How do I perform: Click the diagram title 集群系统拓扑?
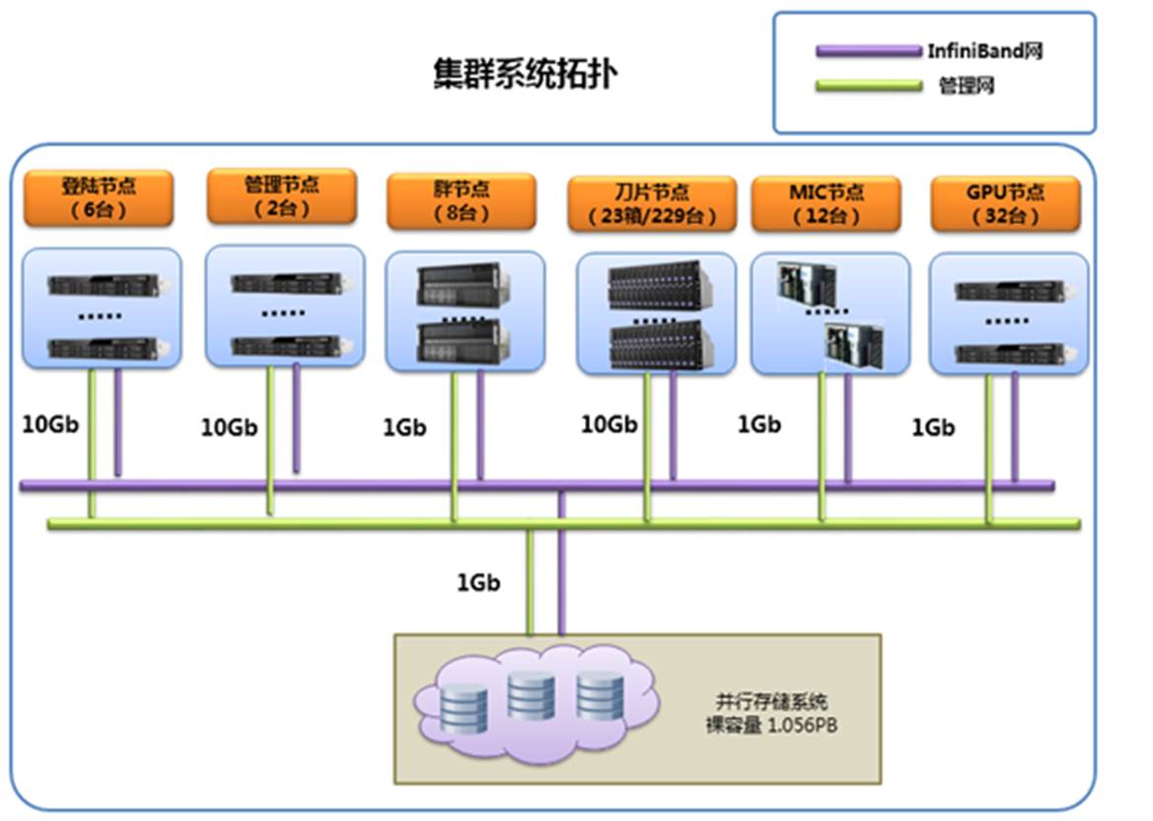[x=526, y=74]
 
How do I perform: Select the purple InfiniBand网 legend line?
[x=869, y=51]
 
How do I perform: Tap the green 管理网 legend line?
[x=869, y=86]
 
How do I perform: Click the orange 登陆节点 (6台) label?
[x=99, y=198]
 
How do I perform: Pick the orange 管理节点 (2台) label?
[x=282, y=195]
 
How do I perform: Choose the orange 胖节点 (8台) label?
[x=461, y=201]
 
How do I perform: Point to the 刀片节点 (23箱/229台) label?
[x=651, y=204]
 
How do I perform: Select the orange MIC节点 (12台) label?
[x=826, y=204]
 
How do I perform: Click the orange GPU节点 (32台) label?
[x=1005, y=204]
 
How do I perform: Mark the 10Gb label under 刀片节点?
[x=609, y=424]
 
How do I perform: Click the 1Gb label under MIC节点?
[x=759, y=424]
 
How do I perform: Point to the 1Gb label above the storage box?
[x=478, y=582]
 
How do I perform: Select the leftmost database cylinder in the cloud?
[x=465, y=708]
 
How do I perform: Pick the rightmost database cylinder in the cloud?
[x=600, y=695]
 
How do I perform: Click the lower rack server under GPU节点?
[x=1009, y=350]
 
